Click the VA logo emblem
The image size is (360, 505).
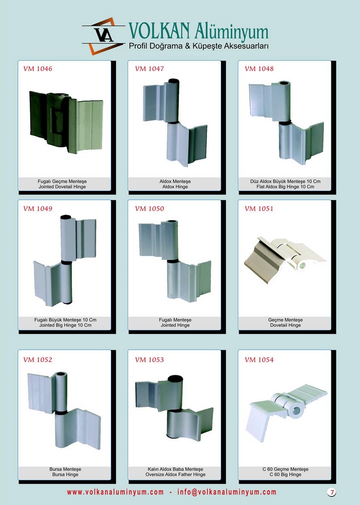[104, 36]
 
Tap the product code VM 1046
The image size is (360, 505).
[37, 69]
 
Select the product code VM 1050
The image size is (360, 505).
[149, 209]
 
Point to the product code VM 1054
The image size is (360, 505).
[259, 360]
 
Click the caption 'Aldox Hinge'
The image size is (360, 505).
[175, 187]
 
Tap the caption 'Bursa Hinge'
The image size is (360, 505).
[66, 474]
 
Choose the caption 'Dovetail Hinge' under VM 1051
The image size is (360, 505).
[286, 325]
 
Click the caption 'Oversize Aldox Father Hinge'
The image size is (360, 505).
[176, 474]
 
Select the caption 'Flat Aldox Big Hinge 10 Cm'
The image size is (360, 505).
[286, 187]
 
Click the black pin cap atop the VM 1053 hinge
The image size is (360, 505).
[175, 379]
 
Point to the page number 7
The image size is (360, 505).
[332, 492]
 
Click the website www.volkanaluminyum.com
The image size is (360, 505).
[115, 492]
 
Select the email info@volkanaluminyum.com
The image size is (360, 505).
[227, 492]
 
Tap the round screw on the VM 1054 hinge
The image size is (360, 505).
[296, 411]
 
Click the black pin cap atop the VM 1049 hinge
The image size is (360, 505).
[66, 217]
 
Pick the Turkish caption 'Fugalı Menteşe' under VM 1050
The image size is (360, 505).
[175, 320]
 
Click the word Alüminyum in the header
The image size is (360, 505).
[231, 32]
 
